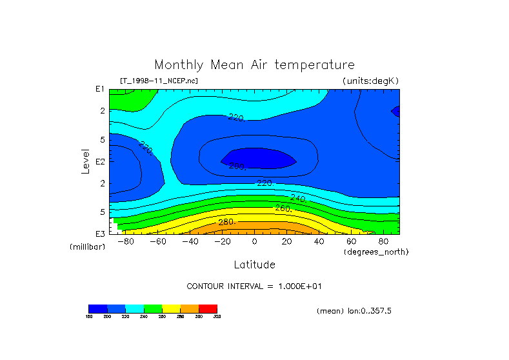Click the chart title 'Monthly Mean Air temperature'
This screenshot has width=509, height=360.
coord(254,65)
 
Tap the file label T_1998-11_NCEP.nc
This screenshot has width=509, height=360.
coord(159,81)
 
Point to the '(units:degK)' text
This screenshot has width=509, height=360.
coord(370,81)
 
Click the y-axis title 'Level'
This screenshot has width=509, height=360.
coord(86,161)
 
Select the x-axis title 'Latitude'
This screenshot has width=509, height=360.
coord(254,265)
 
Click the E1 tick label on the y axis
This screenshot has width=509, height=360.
coord(100,89)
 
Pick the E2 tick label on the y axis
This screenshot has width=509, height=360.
coord(100,161)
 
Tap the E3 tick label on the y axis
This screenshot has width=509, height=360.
coord(100,233)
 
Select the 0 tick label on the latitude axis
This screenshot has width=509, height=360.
coord(254,241)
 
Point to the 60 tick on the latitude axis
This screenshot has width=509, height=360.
coord(351,241)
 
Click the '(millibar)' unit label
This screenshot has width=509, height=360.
coord(87,247)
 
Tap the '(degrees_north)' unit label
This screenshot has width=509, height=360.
coord(376,251)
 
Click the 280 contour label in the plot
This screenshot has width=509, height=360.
coord(226,222)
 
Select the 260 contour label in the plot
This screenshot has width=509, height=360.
coord(283,208)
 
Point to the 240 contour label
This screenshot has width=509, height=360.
coord(299,197)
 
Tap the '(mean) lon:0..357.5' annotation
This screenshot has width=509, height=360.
coord(354,311)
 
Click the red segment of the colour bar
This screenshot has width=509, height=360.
coord(208,308)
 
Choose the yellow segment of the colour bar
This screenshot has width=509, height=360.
coord(171,308)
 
